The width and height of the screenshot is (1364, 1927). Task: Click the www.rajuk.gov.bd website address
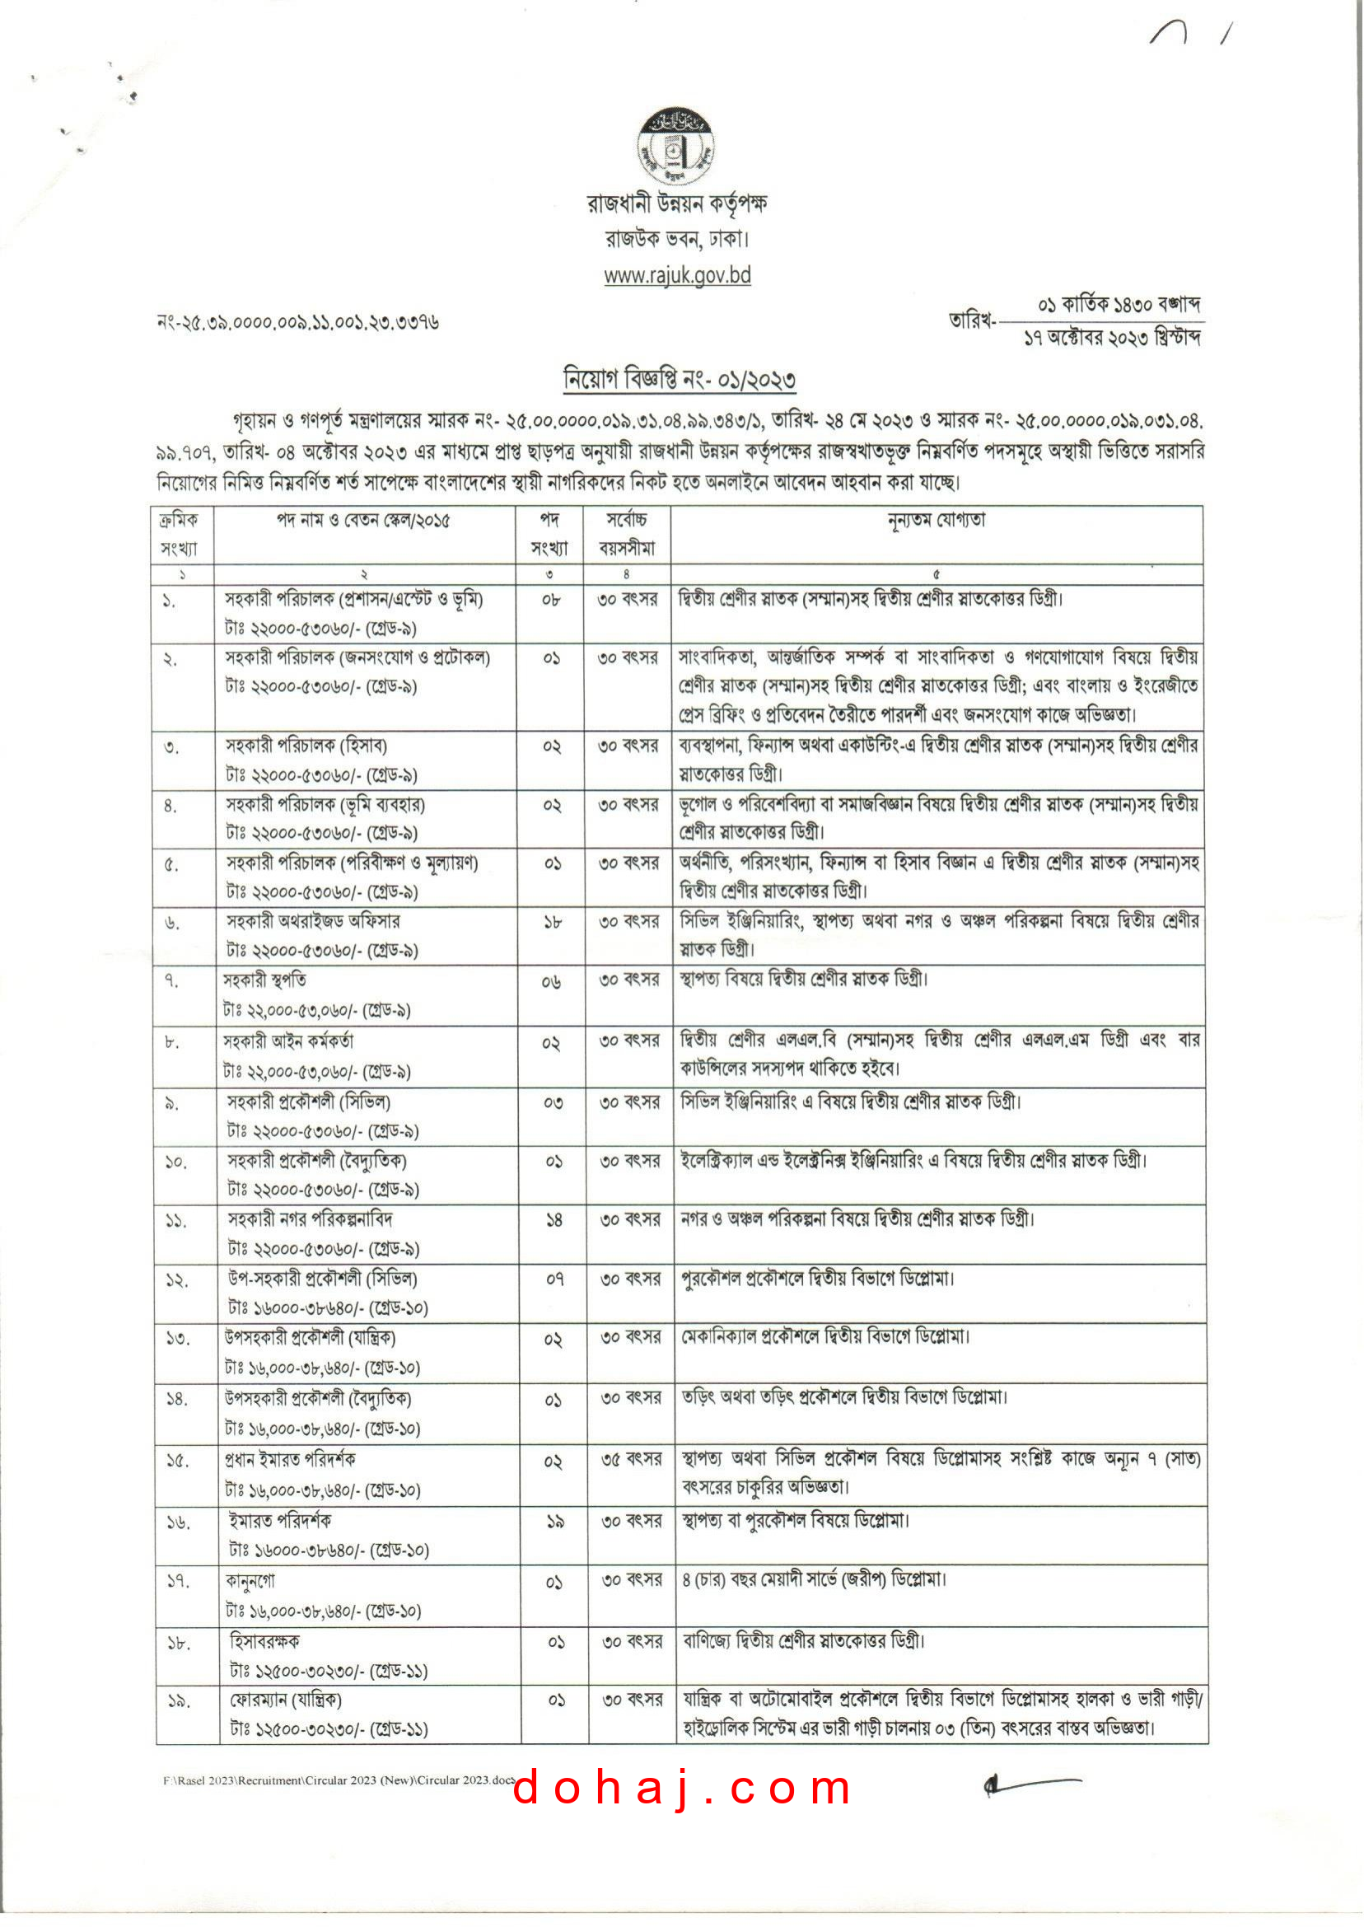tap(677, 275)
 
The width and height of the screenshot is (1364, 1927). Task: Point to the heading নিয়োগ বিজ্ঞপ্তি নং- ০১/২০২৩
tap(680, 381)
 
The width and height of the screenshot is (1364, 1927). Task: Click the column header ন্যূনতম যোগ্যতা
tap(936, 520)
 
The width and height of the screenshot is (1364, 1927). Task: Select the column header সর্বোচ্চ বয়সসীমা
tap(627, 534)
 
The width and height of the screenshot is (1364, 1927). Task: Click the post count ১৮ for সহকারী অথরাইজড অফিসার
tap(552, 923)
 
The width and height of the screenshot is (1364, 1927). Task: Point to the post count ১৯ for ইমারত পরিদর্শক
tap(554, 1522)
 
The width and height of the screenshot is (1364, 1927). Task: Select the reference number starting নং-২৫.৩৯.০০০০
tap(298, 323)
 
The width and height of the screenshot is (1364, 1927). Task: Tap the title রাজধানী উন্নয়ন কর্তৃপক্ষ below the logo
tap(677, 204)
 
